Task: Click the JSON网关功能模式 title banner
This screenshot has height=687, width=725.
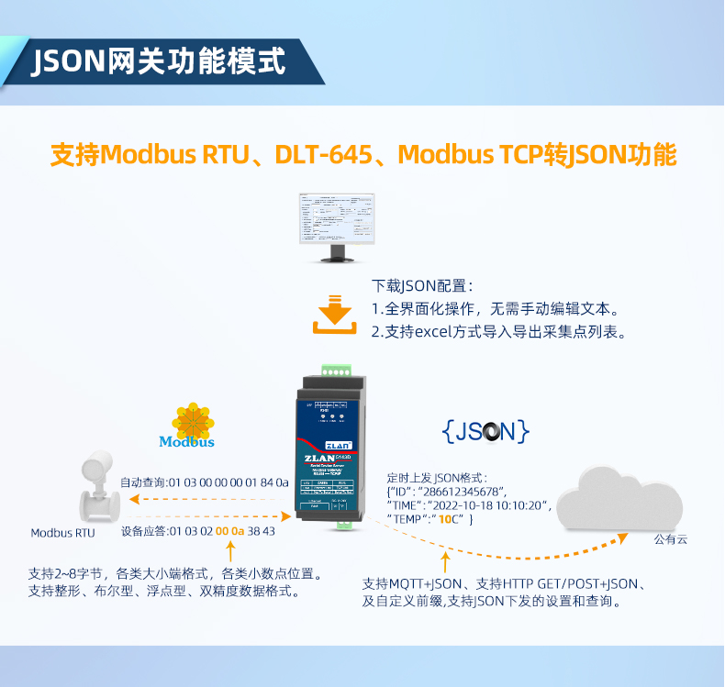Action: [158, 62]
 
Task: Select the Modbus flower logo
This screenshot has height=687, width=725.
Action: [193, 423]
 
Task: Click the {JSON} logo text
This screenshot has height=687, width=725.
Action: [485, 431]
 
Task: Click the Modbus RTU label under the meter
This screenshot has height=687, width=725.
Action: [62, 533]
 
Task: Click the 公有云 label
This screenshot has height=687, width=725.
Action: [670, 539]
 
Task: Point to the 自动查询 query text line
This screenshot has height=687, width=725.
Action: [204, 482]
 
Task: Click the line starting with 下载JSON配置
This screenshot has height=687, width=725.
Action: [421, 286]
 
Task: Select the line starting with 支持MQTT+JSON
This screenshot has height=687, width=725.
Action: [506, 584]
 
